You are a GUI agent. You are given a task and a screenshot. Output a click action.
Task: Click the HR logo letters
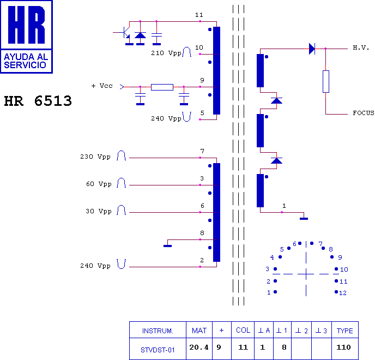(26, 26)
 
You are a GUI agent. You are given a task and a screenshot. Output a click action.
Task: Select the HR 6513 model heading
(38, 101)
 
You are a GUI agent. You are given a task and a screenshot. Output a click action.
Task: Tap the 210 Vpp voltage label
(166, 53)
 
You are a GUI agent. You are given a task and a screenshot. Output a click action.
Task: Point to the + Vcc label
(102, 86)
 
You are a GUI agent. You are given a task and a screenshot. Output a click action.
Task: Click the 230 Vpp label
(95, 157)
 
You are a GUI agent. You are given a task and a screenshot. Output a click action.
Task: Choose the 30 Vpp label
(98, 211)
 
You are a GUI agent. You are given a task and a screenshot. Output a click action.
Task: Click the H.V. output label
(361, 48)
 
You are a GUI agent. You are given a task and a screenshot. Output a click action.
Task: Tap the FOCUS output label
(363, 113)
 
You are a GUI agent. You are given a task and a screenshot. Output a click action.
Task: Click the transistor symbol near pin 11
(125, 33)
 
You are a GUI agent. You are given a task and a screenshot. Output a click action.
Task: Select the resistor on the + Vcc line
(162, 87)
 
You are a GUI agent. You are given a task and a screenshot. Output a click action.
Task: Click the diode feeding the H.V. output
(312, 49)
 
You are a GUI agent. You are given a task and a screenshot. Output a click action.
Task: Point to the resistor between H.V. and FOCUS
(326, 81)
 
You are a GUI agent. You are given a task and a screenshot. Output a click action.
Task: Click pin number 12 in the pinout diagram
(343, 293)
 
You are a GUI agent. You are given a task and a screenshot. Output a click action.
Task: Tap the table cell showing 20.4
(199, 347)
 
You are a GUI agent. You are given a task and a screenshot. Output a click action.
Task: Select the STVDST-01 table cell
(158, 350)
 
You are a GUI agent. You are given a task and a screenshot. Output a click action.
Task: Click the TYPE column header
(344, 331)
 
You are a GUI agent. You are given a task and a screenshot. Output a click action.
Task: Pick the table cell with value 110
(344, 347)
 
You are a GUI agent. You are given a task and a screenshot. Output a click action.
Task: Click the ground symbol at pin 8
(168, 245)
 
